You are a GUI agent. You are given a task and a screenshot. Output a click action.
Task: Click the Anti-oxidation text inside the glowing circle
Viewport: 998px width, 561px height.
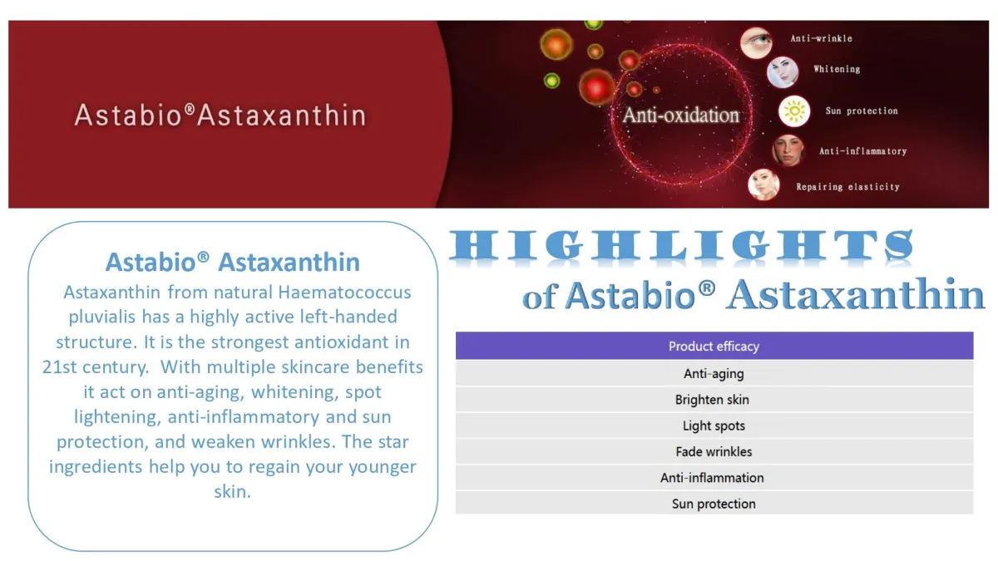(x=681, y=116)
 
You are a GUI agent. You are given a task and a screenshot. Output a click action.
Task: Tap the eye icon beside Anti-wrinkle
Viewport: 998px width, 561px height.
(x=756, y=43)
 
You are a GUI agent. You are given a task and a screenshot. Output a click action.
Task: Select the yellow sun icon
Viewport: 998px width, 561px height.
(x=794, y=111)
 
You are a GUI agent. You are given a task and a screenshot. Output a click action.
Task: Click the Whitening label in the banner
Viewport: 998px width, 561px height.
(x=837, y=69)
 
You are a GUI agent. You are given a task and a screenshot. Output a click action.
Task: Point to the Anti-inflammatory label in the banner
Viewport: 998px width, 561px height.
(x=862, y=151)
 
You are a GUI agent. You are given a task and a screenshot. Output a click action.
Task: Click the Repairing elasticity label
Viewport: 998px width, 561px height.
(x=847, y=187)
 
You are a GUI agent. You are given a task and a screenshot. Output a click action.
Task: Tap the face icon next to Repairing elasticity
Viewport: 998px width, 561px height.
(x=763, y=185)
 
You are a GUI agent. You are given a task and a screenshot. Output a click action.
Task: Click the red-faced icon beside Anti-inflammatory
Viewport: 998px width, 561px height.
(x=788, y=150)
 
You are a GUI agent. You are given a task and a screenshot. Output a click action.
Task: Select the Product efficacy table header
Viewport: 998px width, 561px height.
(x=714, y=346)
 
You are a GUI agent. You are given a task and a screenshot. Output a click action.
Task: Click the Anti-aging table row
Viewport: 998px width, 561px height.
(x=714, y=373)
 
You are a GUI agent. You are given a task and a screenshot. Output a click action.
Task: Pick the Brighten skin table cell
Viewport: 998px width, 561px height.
(x=714, y=400)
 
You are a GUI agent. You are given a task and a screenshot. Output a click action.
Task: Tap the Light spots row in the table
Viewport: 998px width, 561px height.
(x=714, y=426)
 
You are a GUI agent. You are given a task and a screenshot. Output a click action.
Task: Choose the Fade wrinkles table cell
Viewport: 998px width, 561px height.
(x=714, y=451)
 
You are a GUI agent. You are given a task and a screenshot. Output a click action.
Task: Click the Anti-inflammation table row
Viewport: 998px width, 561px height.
(x=714, y=478)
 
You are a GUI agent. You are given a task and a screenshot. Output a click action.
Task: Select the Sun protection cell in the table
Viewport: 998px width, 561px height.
(x=714, y=504)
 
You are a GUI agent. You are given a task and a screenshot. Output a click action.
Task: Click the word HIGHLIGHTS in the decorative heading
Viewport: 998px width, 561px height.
(x=681, y=245)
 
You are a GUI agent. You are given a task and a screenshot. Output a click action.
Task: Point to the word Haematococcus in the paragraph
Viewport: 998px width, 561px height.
(x=344, y=293)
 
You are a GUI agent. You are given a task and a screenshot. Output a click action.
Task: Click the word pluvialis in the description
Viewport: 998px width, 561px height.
(x=102, y=317)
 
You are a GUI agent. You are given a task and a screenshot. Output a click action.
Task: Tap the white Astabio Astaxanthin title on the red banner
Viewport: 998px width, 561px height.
(x=220, y=116)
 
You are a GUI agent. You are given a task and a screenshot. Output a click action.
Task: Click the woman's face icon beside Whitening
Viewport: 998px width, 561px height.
(x=783, y=72)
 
